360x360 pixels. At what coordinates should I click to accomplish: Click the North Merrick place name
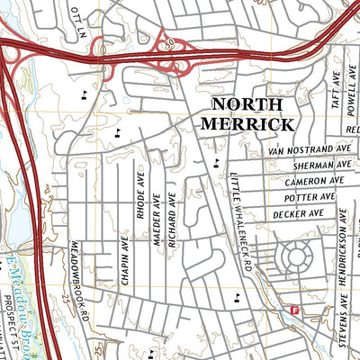247,113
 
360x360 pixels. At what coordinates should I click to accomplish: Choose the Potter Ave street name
309,197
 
